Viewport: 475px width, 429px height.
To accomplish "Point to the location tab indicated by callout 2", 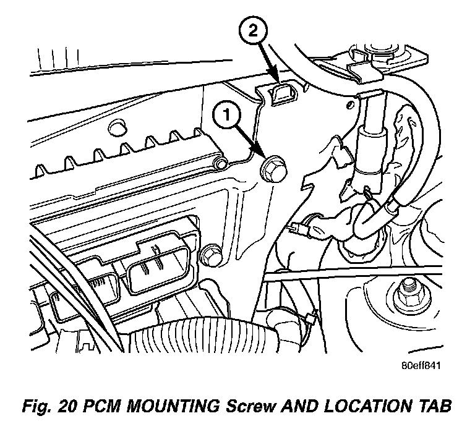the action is click(x=283, y=93).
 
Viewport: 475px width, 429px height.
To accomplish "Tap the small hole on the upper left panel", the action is click(x=114, y=129).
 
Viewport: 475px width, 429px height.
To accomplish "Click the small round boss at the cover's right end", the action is click(x=217, y=163).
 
